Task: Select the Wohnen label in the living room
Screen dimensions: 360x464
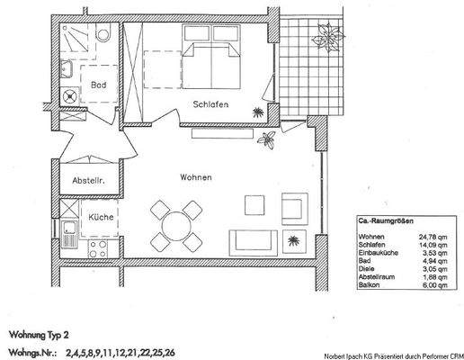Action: point(195,177)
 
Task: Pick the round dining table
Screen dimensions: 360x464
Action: point(174,222)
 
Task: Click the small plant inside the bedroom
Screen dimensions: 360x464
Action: point(258,112)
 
